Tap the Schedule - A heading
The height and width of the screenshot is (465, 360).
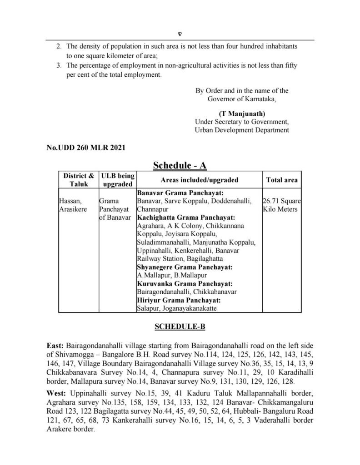point(180,165)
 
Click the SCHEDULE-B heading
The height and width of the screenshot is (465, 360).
point(180,326)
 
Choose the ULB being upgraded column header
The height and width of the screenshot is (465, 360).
point(117,180)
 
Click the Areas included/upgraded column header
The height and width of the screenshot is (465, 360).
point(199,180)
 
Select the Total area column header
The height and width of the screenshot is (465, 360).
point(282,180)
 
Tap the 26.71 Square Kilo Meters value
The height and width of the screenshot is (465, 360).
point(282,204)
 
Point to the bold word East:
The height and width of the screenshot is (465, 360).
point(57,345)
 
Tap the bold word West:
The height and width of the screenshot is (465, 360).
point(58,391)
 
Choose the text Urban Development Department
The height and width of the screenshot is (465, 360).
point(241,130)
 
